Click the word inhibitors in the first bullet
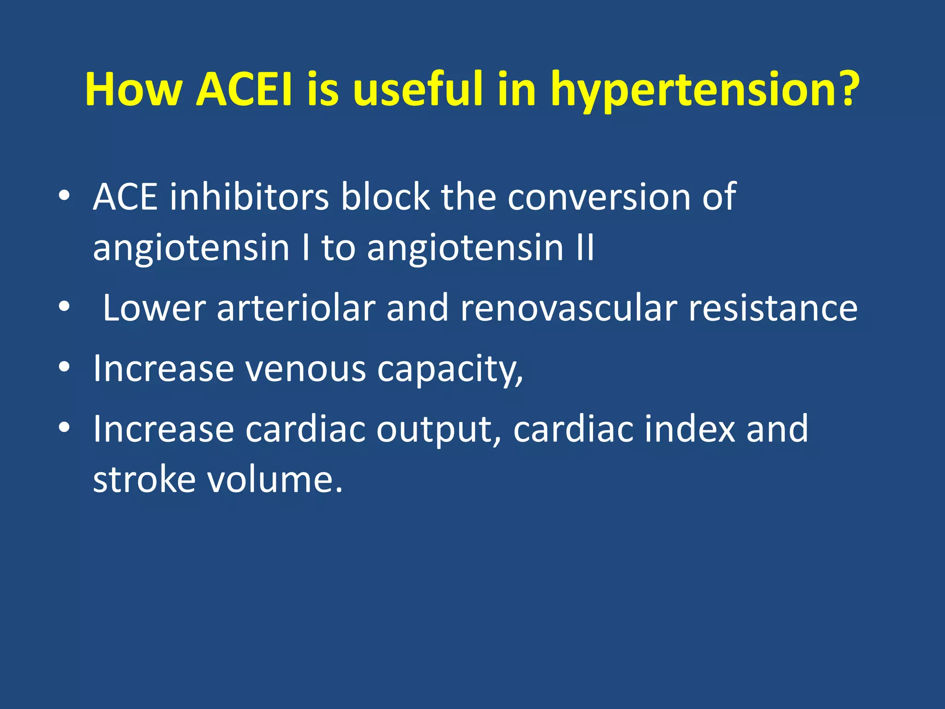(249, 197)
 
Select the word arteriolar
(296, 308)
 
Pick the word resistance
(773, 308)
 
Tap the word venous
(305, 369)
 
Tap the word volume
(274, 480)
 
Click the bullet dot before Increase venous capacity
(64, 367)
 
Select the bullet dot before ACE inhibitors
(64, 196)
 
